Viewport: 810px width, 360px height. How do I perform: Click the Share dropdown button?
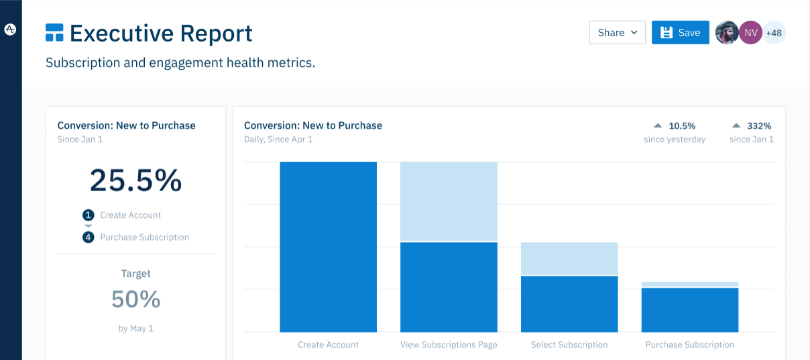pos(617,33)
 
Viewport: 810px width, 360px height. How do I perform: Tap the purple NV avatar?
pos(751,32)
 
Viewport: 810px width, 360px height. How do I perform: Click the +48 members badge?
pos(774,32)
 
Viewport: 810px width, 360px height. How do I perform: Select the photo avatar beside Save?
pos(727,32)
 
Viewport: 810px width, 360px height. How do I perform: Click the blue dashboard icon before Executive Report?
pos(54,32)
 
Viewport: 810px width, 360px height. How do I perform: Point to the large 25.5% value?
pos(135,180)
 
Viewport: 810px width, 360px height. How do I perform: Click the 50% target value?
pos(135,299)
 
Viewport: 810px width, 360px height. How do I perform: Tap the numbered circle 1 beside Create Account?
pos(88,215)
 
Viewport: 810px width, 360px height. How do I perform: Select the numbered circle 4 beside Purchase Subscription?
pos(88,237)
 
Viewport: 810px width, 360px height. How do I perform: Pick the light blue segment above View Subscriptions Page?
pos(449,201)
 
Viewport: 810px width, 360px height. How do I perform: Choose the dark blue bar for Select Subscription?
pos(569,304)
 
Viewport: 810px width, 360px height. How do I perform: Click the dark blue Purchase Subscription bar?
pos(690,310)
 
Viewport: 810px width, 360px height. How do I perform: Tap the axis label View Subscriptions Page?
pos(449,345)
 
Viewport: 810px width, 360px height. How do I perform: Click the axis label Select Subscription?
pos(569,345)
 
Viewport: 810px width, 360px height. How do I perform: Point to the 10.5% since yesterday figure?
pos(681,126)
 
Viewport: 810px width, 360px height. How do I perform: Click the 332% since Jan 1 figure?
pos(759,126)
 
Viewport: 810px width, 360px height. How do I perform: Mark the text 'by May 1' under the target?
pos(135,328)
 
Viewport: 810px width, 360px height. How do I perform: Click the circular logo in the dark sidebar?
pos(11,29)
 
